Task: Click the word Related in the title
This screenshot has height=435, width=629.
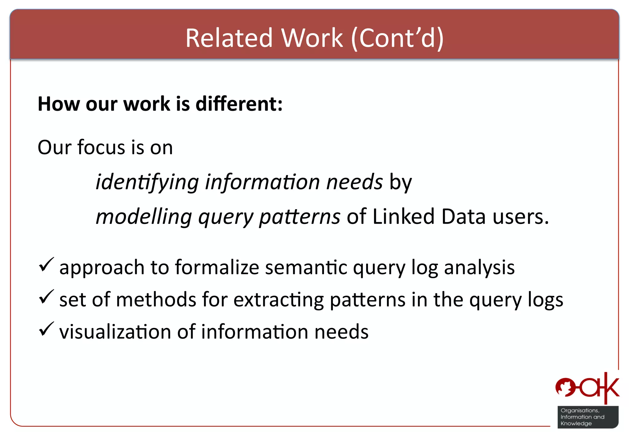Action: click(x=229, y=38)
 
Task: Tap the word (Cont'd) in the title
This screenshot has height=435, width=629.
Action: click(x=397, y=38)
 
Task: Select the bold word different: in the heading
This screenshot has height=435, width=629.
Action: click(x=239, y=104)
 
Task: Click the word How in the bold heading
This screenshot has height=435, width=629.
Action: click(x=58, y=104)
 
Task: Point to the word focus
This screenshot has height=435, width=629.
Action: click(x=101, y=147)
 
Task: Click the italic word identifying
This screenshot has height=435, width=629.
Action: click(x=147, y=182)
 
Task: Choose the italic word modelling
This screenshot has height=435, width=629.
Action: click(x=144, y=217)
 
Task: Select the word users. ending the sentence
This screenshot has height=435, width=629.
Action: click(x=521, y=217)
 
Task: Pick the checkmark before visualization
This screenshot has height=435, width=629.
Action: click(x=46, y=329)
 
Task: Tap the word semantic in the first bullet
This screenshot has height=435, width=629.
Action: click(x=306, y=267)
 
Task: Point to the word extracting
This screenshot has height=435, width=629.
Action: click(x=278, y=300)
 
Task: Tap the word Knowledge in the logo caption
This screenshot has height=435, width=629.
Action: click(x=576, y=424)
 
